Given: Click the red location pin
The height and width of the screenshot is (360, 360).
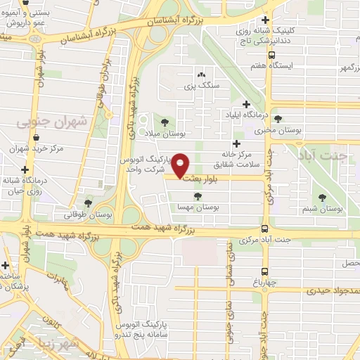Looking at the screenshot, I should (181, 165).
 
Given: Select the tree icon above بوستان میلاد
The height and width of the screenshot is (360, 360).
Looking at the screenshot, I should (165, 121).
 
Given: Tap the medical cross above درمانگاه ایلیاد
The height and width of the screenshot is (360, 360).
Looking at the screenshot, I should (246, 104).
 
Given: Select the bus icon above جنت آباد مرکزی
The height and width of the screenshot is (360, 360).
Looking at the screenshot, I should (264, 229).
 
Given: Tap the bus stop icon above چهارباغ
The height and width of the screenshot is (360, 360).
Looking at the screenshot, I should (264, 271).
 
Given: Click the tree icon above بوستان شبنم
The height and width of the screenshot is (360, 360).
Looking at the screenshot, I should (323, 198).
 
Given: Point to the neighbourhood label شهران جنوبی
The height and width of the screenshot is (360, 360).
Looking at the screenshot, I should (52, 122).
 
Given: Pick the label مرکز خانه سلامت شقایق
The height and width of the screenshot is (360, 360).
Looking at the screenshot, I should (247, 160).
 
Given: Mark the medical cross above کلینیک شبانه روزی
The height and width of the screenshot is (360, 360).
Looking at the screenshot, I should (264, 20).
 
